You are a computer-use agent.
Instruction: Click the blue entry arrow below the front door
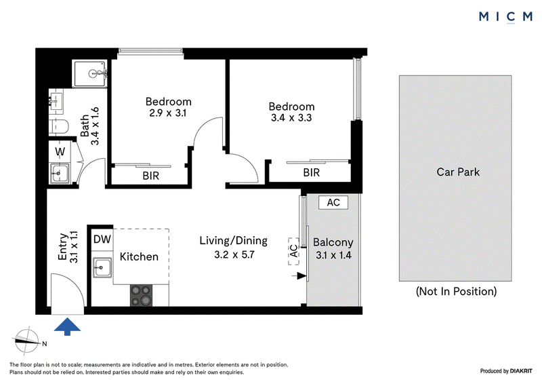pyautogui.click(x=67, y=326)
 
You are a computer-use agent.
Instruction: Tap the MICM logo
pyautogui.click(x=505, y=16)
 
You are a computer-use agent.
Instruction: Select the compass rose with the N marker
pyautogui.click(x=27, y=341)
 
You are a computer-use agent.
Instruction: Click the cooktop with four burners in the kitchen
pyautogui.click(x=141, y=295)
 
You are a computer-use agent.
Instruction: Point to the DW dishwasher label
pyautogui.click(x=102, y=239)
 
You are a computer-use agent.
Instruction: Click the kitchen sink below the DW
pyautogui.click(x=102, y=267)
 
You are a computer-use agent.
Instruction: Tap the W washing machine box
pyautogui.click(x=60, y=151)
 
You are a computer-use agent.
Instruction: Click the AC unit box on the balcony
pyautogui.click(x=333, y=202)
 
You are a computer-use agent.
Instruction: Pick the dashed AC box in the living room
pyautogui.click(x=293, y=251)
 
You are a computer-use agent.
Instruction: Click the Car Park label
pyautogui.click(x=458, y=172)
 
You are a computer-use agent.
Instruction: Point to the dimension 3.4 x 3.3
pyautogui.click(x=291, y=118)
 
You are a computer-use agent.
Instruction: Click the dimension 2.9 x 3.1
pyautogui.click(x=167, y=113)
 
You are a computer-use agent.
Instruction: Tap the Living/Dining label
pyautogui.click(x=233, y=241)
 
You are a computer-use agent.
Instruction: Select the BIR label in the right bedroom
pyautogui.click(x=312, y=172)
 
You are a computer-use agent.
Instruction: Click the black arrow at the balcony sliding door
pyautogui.click(x=299, y=276)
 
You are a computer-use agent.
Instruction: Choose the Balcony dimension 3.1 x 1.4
pyautogui.click(x=333, y=255)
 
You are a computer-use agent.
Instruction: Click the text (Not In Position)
pyautogui.click(x=456, y=291)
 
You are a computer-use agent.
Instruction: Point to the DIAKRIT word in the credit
pyautogui.click(x=521, y=371)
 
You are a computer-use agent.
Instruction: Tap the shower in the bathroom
pyautogui.click(x=89, y=74)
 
